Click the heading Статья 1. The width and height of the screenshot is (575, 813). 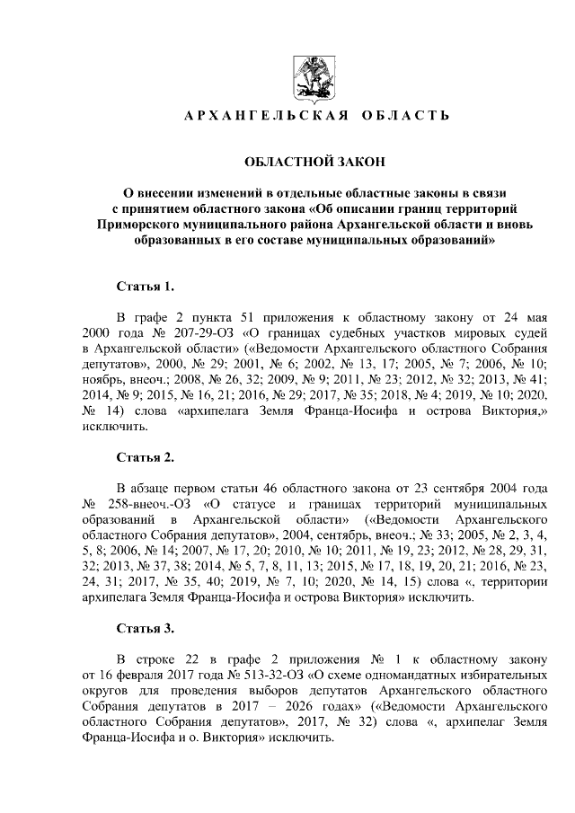point(145,287)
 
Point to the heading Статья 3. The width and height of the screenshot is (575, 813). point(145,628)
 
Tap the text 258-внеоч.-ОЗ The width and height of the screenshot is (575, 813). point(155,504)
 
